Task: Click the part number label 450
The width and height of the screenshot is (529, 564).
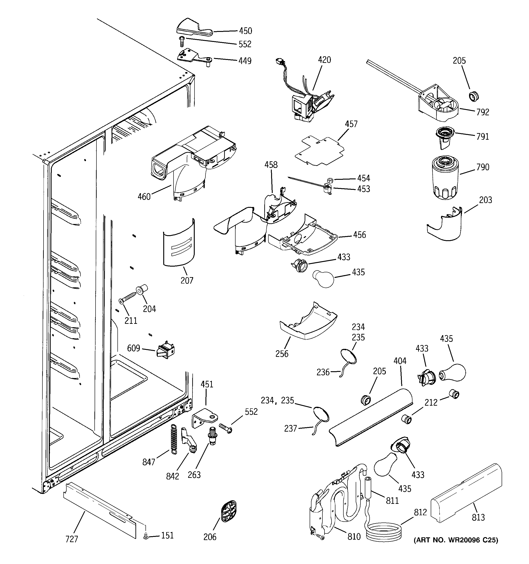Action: [245, 31]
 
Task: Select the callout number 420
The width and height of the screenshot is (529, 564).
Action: [324, 60]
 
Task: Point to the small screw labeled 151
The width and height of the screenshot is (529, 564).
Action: [146, 536]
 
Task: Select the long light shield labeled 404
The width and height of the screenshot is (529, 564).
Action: [371, 417]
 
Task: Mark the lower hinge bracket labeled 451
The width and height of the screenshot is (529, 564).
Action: [205, 418]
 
